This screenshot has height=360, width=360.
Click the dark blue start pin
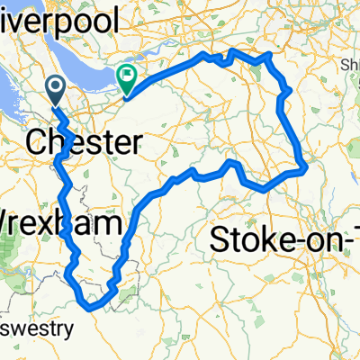(55, 91)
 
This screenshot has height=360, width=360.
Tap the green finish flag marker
(127, 80)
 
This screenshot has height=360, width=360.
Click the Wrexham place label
(59, 222)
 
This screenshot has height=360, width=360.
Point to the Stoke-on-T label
(283, 239)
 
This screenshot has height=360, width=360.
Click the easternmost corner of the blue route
(307, 166)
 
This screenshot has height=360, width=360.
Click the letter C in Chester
(38, 141)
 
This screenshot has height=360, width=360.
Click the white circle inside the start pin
(55, 86)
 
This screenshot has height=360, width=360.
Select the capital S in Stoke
(220, 239)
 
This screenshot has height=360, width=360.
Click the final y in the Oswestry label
(68, 330)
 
